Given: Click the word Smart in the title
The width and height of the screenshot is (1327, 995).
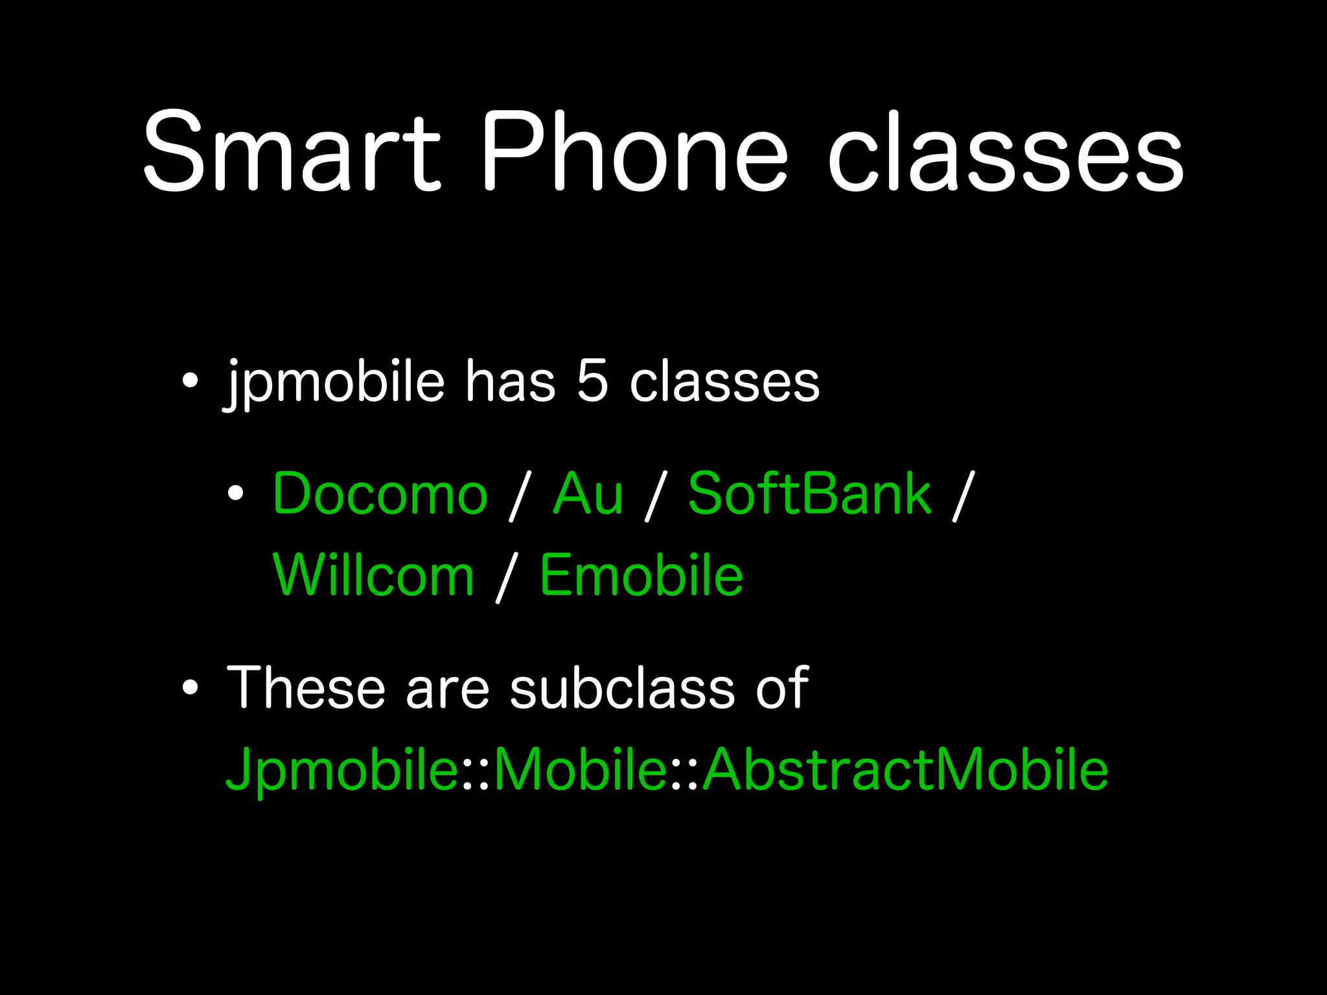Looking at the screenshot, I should point(292,152).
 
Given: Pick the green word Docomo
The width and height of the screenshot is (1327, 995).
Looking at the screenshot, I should point(380,494).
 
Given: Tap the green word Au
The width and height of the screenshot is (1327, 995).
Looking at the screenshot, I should point(588,494).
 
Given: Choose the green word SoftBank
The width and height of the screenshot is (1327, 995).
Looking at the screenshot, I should point(809,494).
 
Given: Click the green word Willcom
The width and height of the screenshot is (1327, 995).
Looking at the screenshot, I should point(374,575).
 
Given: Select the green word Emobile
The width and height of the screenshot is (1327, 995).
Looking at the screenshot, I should point(641,575).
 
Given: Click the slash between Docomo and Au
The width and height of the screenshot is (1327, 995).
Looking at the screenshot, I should point(520,496).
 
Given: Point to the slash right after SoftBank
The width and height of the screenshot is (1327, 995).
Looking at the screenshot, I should point(963,496).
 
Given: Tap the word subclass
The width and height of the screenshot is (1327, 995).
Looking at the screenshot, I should point(622,688).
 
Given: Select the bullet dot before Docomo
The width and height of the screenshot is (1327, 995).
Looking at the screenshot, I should point(236,494).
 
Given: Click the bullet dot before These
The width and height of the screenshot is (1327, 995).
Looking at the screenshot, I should point(189,688).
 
